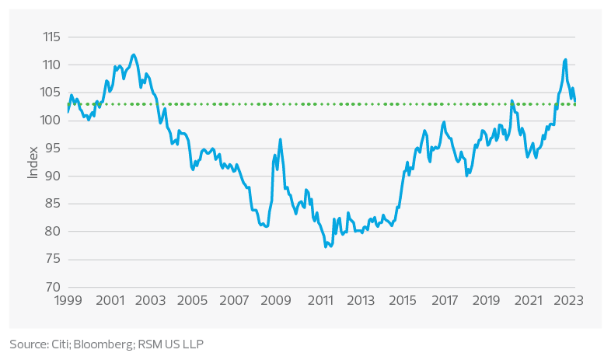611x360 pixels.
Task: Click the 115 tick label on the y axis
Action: (51, 37)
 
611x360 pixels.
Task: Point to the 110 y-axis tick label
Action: (51, 65)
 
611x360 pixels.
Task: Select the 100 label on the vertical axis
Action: (51, 121)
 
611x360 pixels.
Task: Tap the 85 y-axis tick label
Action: (52, 204)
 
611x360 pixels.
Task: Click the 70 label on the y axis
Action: (52, 287)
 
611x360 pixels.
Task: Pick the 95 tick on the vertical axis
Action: (52, 149)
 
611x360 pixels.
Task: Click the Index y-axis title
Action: (33, 162)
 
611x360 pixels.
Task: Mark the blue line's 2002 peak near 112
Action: (134, 54)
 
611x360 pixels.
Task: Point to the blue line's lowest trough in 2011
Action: (326, 246)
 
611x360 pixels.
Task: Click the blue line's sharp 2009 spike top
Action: (280, 140)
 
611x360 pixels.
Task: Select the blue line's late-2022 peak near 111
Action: (565, 59)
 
